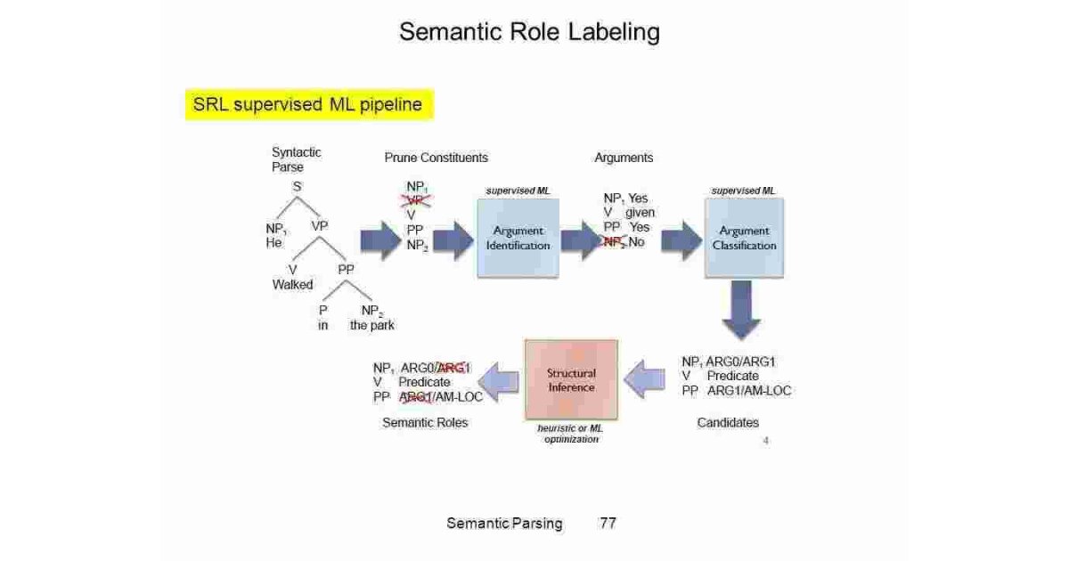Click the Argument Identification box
(518, 237)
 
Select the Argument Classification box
(744, 237)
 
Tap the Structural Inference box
(571, 380)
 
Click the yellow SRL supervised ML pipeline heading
(308, 105)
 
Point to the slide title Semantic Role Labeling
(529, 32)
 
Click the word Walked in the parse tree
(292, 285)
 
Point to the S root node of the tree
(297, 187)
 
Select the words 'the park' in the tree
(371, 325)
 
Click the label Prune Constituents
(436, 158)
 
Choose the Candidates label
(728, 423)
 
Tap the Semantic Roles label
(425, 423)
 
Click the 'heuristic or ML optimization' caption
(571, 435)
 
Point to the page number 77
(608, 523)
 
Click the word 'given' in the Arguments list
(640, 213)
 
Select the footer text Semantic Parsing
(504, 523)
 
